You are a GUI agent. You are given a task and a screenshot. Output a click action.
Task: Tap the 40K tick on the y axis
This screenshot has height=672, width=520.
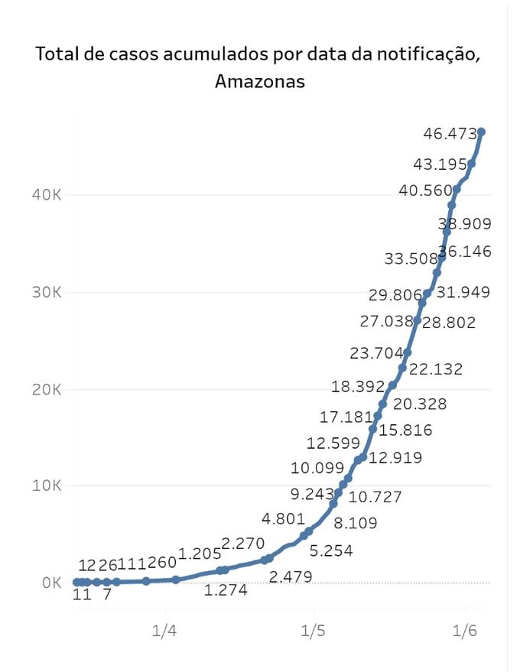(46, 195)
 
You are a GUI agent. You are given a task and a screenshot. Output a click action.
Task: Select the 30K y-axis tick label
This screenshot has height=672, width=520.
(46, 292)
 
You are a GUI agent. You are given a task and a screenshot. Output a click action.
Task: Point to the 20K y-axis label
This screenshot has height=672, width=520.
(46, 389)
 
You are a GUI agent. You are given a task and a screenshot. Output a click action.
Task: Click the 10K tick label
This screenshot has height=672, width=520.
(46, 485)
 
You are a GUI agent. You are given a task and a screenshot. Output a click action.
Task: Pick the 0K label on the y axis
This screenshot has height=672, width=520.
(51, 583)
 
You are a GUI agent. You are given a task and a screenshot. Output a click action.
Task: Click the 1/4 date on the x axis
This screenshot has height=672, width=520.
(164, 631)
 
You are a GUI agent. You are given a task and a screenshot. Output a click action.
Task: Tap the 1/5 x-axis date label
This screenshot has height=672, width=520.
(314, 631)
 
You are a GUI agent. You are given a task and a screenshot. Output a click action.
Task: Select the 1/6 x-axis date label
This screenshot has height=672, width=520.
(466, 631)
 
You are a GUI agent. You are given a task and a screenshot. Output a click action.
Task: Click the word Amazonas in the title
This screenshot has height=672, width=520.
(260, 82)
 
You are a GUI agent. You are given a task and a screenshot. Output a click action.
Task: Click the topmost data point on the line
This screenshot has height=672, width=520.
(481, 132)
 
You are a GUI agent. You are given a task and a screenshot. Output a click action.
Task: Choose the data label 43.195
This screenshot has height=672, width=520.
(440, 164)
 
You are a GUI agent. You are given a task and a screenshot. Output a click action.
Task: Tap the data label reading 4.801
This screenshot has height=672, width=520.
(284, 520)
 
